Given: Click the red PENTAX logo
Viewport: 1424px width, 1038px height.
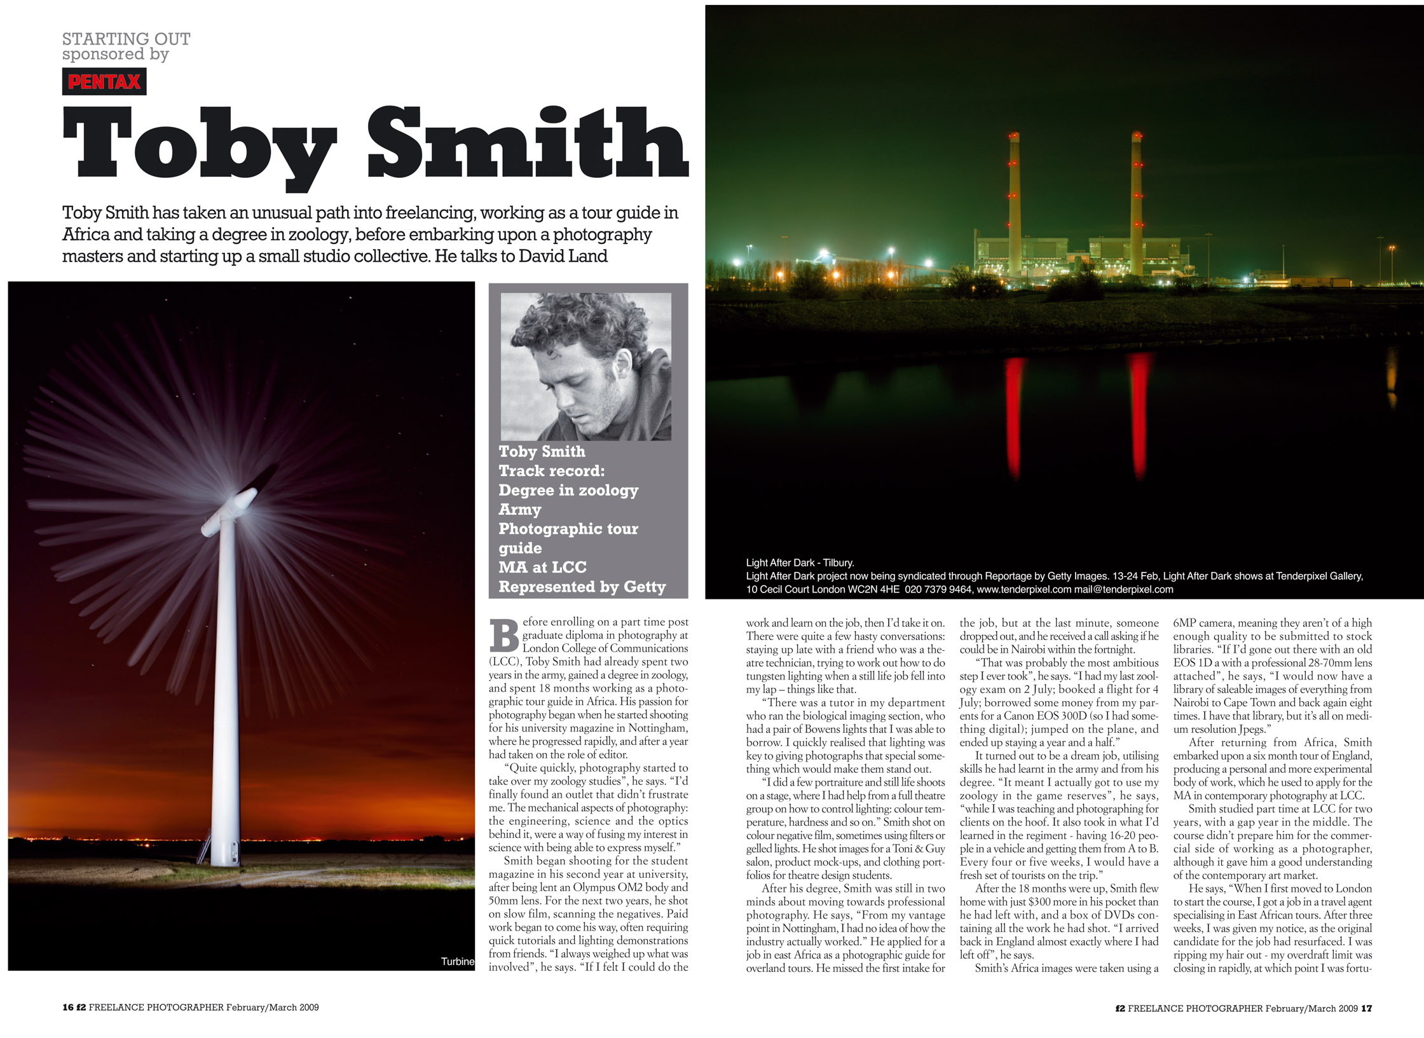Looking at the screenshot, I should click(x=104, y=81).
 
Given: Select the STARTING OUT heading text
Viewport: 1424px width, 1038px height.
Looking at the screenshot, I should click(x=126, y=39).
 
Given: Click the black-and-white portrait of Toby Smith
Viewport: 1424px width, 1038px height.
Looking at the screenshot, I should click(x=585, y=366).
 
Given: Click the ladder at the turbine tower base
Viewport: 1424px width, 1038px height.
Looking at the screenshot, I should click(x=204, y=846).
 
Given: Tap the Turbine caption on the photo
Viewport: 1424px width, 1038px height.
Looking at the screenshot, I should click(x=457, y=961).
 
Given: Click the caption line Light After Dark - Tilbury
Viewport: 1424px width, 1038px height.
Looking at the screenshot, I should click(x=800, y=563).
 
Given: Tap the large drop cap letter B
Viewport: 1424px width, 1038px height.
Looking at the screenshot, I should click(x=505, y=636).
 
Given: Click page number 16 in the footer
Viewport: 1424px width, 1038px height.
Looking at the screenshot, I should click(x=68, y=1007).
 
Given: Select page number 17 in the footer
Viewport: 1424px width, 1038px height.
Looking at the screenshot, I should click(x=1366, y=1007).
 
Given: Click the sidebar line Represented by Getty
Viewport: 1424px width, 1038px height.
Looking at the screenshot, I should click(x=582, y=587).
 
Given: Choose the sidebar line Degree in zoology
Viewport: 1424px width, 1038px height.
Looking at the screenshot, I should click(x=568, y=490).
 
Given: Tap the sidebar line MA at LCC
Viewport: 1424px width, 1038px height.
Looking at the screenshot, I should click(x=542, y=567).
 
